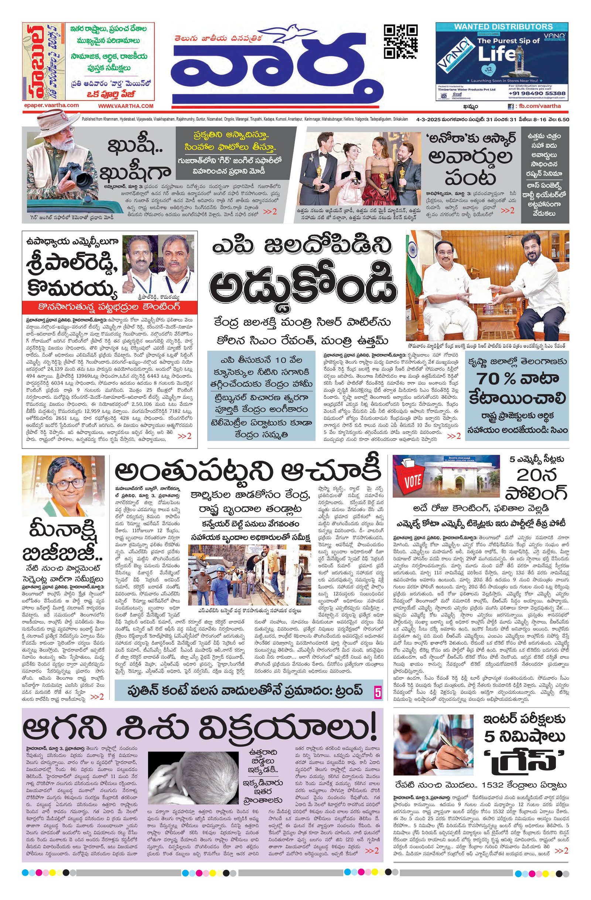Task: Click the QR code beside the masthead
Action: pyautogui.click(x=401, y=41)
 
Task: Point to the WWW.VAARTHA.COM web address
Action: pyautogui.click(x=126, y=106)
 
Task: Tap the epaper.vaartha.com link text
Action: pyautogui.click(x=51, y=106)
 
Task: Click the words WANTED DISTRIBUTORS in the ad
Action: pyautogui.click(x=503, y=27)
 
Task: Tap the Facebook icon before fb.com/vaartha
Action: pyautogui.click(x=511, y=107)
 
